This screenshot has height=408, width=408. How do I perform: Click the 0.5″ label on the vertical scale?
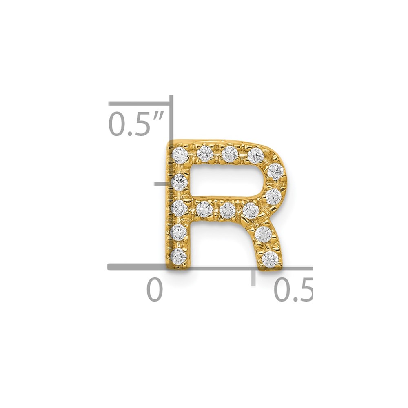(136, 124)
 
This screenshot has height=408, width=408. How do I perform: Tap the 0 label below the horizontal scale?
(155, 289)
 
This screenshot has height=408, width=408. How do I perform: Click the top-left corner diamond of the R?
(180, 155)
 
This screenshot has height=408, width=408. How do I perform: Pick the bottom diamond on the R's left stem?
(179, 256)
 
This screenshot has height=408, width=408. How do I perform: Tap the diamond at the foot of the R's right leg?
(270, 259)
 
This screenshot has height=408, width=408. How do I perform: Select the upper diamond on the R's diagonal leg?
(263, 235)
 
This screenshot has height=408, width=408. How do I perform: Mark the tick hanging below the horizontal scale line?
(253, 277)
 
